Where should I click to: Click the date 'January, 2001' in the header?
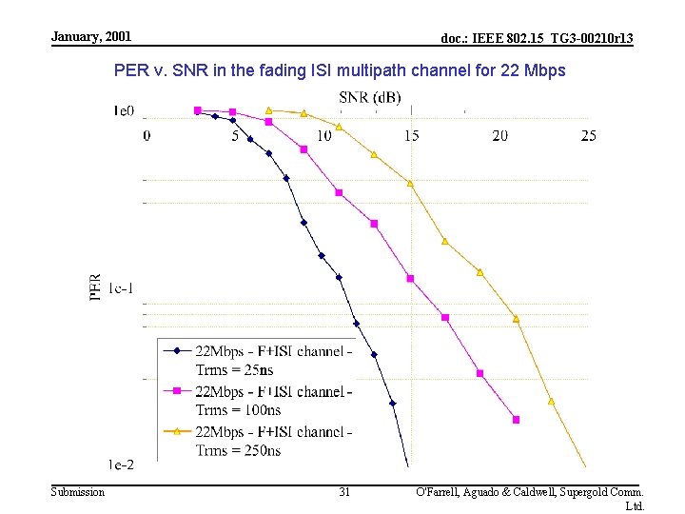tap(91, 36)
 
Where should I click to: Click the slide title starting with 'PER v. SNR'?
tap(340, 70)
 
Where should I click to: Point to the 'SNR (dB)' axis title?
tap(369, 97)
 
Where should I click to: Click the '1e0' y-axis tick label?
tap(123, 111)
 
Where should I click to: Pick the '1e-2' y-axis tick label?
tap(121, 465)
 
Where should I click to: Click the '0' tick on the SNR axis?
tap(147, 136)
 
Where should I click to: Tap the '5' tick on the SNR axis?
tap(235, 136)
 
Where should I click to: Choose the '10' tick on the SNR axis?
tap(323, 136)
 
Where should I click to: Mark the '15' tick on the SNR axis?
tap(411, 136)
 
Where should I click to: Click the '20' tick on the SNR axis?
tap(499, 136)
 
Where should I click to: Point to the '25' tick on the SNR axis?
tap(588, 136)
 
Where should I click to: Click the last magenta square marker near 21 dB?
tap(516, 419)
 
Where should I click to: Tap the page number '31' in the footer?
tap(344, 492)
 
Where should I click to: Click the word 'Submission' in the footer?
tap(78, 491)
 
